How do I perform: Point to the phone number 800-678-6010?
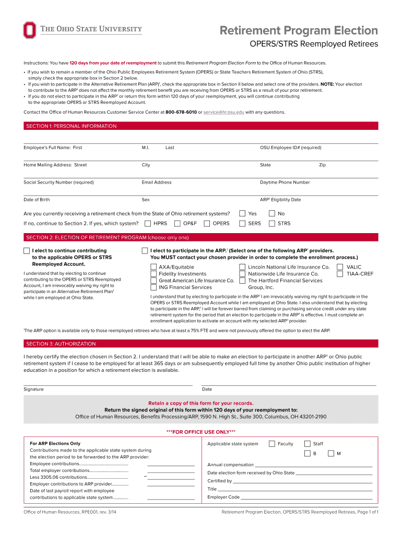(x=181, y=112)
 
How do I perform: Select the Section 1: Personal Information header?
(x=72, y=126)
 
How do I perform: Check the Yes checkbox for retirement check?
(x=242, y=213)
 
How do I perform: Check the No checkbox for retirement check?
(x=271, y=213)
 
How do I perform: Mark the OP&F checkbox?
(x=178, y=224)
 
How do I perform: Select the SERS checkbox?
(x=242, y=224)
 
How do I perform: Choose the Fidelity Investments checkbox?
(x=153, y=274)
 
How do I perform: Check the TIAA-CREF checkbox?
(x=340, y=274)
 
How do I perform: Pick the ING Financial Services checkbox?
(x=153, y=287)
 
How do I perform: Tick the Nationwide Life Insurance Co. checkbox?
(x=242, y=274)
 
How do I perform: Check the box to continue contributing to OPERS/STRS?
(x=27, y=251)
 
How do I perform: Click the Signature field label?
(x=33, y=389)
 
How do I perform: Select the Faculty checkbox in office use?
(x=272, y=444)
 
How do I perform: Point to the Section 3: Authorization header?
(x=61, y=344)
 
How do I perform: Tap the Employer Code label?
(x=223, y=497)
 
